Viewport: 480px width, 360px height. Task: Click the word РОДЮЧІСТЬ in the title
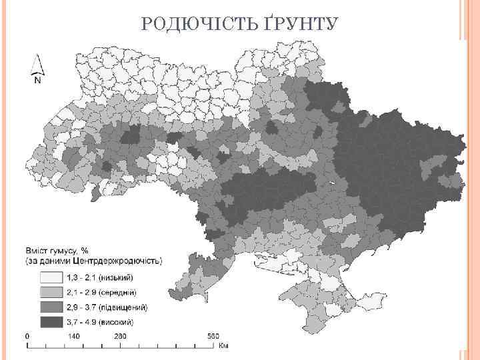[x=199, y=25]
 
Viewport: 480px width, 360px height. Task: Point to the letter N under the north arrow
[x=37, y=81]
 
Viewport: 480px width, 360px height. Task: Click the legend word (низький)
[x=117, y=277]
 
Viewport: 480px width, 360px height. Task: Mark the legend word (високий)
[x=118, y=321]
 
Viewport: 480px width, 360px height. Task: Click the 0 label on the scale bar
[x=27, y=336]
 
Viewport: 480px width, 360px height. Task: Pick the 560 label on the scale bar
[x=212, y=336]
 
